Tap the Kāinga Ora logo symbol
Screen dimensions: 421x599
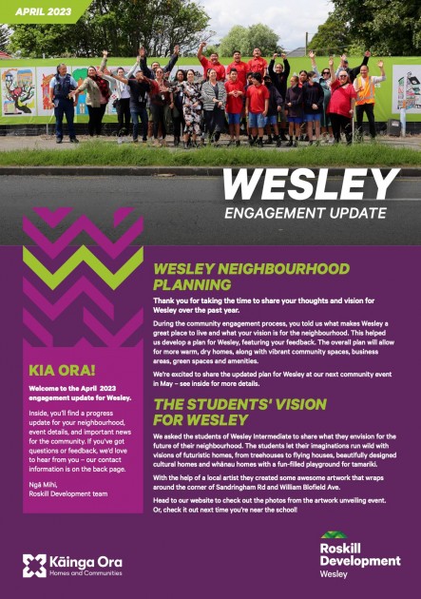click(34, 566)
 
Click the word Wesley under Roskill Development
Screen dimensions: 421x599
click(334, 575)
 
